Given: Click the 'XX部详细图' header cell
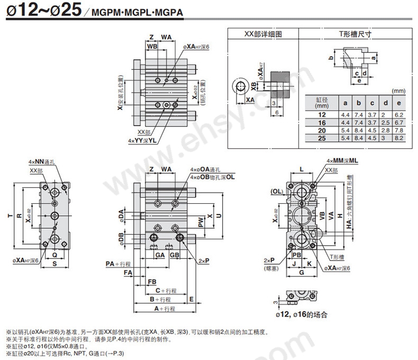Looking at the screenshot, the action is coord(263,34).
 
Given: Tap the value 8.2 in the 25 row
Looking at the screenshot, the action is coord(399,138).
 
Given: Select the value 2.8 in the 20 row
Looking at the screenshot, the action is coord(386,130).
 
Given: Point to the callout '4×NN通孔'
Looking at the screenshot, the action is coord(40,161).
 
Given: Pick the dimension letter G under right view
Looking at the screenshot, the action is coord(301,273).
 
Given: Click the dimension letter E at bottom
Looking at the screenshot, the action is coord(190,299).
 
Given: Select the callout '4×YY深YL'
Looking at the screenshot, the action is coord(142,140).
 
